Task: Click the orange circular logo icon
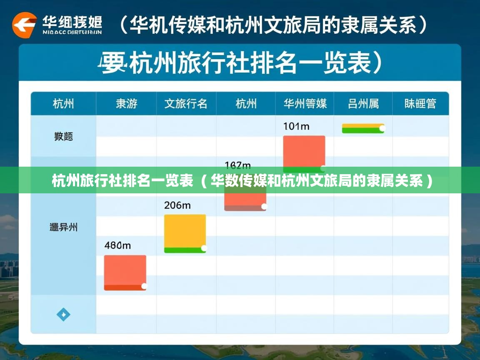(24, 25)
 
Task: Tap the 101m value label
(296, 126)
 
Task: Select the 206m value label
(177, 205)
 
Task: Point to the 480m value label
(117, 245)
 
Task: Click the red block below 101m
(304, 151)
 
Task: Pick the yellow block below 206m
(185, 231)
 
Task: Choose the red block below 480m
(125, 271)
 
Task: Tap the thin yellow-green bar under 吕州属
(362, 128)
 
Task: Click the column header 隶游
(126, 104)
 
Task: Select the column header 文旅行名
(186, 104)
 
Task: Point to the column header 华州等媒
(305, 104)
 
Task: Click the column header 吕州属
(363, 104)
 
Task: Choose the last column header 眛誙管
(420, 104)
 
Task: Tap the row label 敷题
(63, 136)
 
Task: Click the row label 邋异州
(63, 227)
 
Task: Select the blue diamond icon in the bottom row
(63, 315)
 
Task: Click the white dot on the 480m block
(144, 286)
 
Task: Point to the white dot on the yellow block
(204, 248)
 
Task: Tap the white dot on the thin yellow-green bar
(382, 128)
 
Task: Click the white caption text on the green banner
(242, 181)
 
